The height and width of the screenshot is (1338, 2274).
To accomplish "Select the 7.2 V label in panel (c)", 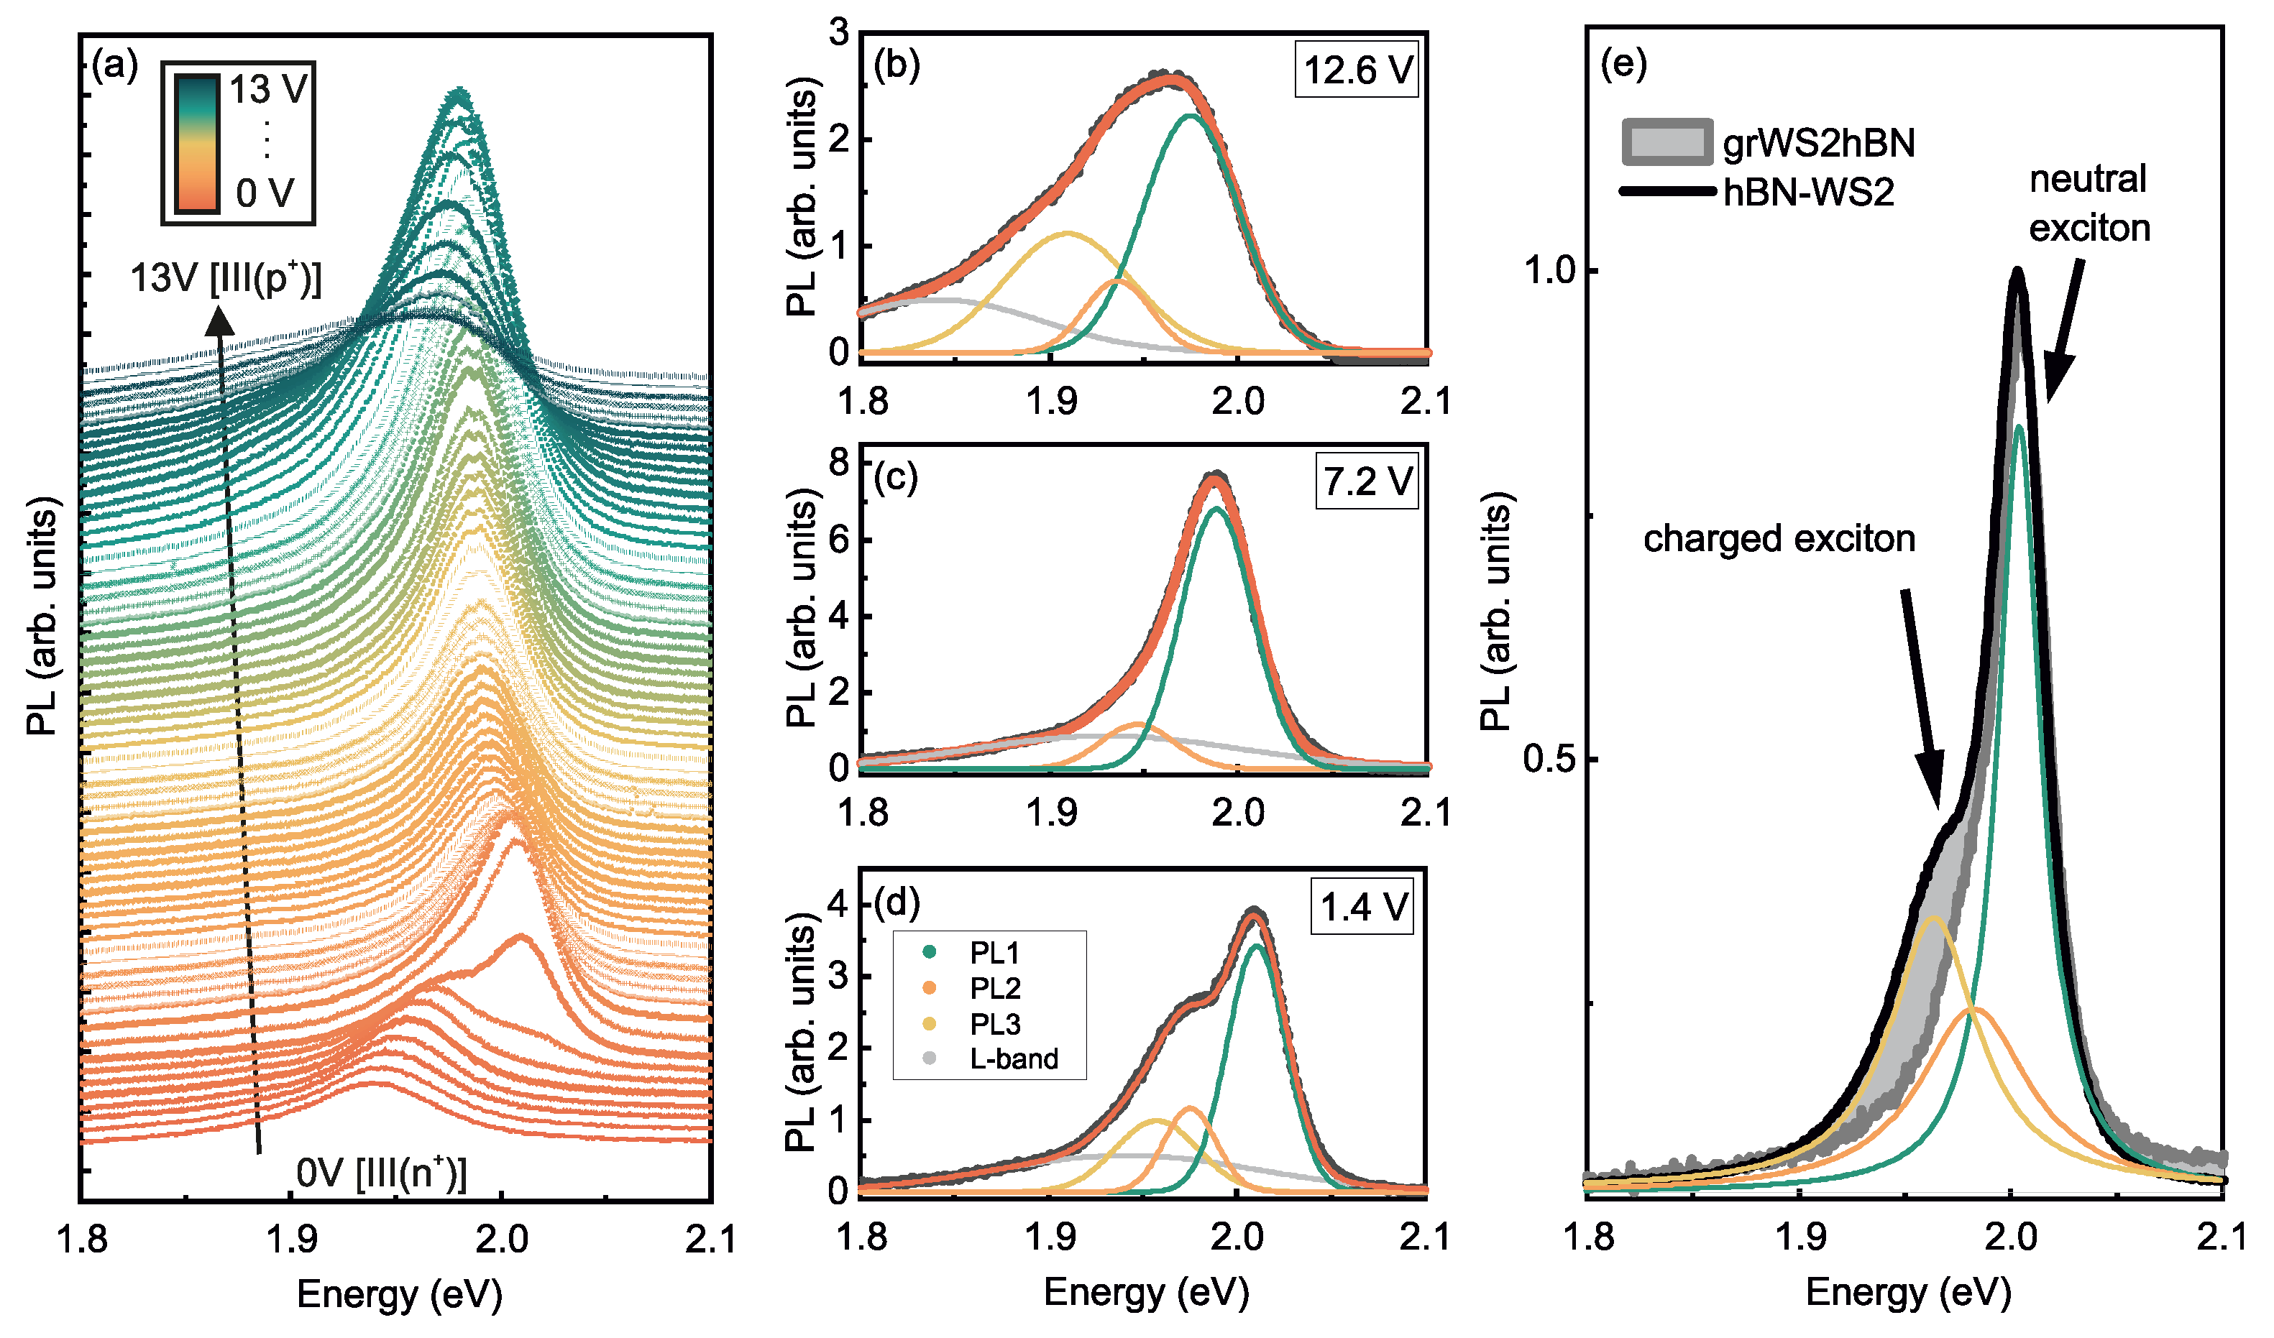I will [1366, 481].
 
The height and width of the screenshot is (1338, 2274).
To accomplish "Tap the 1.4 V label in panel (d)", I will [1362, 907].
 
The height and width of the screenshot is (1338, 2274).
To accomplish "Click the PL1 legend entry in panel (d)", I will [994, 952].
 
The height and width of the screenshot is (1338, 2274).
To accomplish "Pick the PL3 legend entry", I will [994, 1024].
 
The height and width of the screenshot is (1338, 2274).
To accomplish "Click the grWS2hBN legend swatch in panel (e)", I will [1666, 142].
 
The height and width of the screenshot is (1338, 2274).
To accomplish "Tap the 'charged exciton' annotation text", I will [1778, 539].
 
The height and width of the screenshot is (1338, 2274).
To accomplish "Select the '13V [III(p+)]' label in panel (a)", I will [226, 278].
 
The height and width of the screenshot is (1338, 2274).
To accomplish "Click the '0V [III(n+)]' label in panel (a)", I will [382, 1173].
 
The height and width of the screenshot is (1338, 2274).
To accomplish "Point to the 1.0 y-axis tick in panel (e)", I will [1549, 271].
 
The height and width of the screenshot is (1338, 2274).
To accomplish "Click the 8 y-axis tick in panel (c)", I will [839, 463].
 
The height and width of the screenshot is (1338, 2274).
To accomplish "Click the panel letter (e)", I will [1623, 64].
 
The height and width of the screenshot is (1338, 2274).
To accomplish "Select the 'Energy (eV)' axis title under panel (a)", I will [399, 1295].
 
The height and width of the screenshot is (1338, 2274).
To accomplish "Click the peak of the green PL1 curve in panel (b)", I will [1191, 116].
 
